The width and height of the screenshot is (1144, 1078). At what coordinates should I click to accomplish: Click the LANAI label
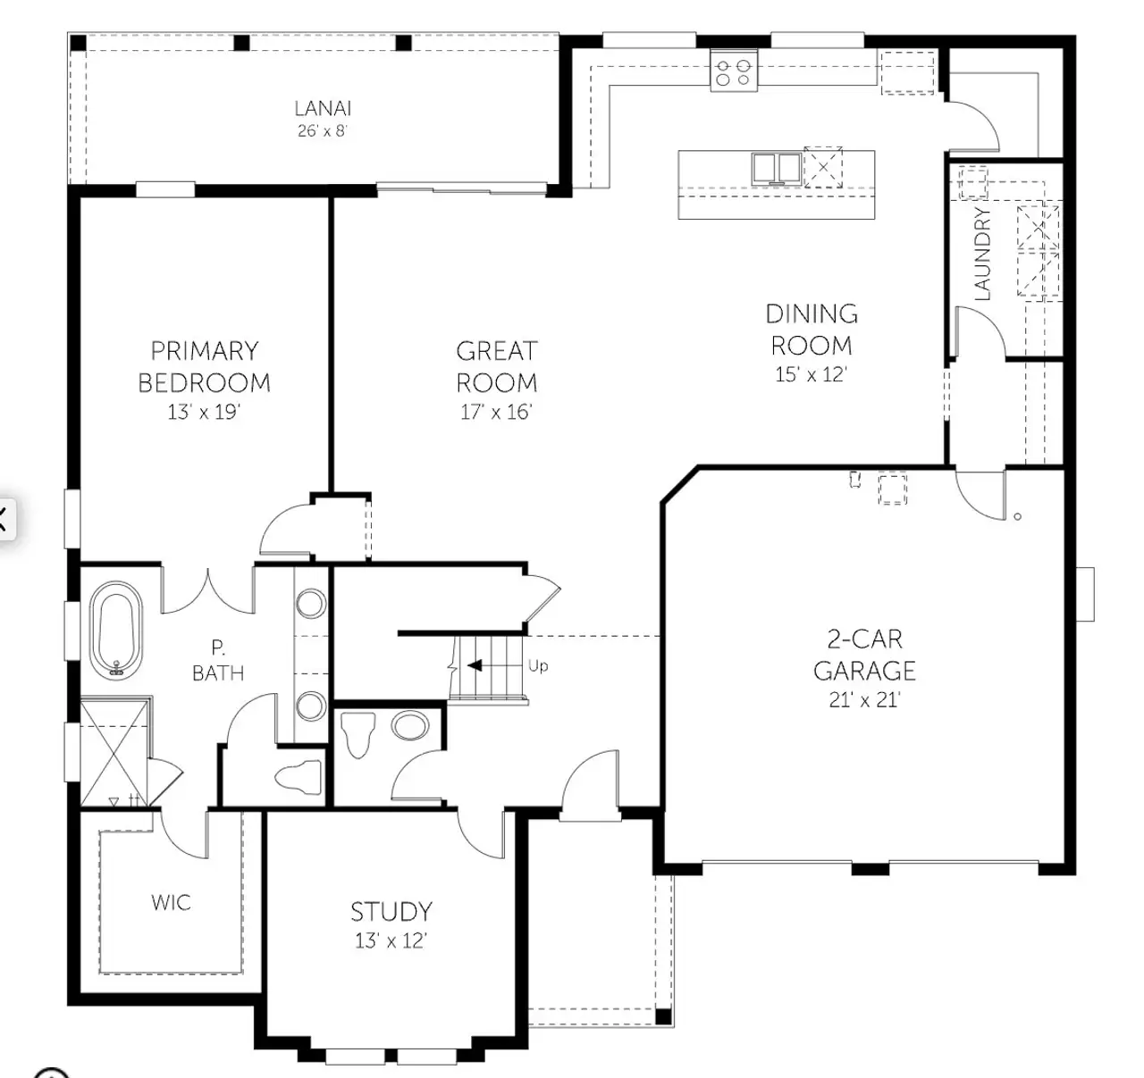click(323, 108)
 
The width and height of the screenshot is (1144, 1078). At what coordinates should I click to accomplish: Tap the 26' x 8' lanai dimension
click(323, 131)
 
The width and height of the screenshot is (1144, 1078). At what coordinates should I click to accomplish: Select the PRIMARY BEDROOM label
click(204, 366)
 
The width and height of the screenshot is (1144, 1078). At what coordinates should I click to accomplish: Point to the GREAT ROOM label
click(497, 366)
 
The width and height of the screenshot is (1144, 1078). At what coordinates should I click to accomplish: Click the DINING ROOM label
click(812, 329)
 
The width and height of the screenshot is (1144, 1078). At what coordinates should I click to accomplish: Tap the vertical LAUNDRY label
click(983, 254)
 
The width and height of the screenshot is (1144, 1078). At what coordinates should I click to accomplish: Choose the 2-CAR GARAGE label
click(864, 655)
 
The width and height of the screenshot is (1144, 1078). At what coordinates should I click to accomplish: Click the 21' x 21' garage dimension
click(864, 700)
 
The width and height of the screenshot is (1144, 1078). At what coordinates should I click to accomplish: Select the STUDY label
click(391, 912)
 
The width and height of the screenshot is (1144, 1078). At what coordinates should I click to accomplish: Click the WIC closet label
click(171, 902)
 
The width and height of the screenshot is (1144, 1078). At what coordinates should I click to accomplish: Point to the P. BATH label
click(217, 660)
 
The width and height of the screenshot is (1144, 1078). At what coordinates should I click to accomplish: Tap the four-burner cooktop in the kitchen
click(734, 71)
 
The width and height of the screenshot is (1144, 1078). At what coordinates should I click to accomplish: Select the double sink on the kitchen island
click(775, 168)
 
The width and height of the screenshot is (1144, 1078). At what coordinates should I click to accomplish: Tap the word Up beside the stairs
click(538, 666)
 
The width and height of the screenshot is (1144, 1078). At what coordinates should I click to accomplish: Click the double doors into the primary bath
click(208, 590)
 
